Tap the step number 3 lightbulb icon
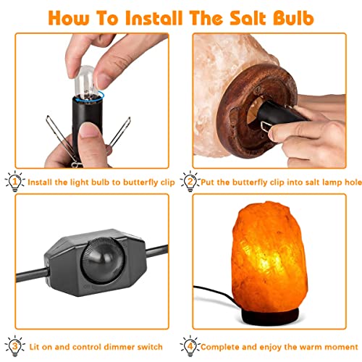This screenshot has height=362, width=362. [x=13, y=347]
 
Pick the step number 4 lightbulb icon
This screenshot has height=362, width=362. [x=191, y=347]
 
